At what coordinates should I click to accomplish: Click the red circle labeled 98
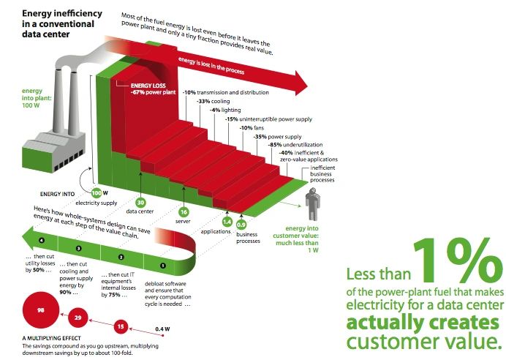point(41,310)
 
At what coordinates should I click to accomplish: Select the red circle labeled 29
point(78,318)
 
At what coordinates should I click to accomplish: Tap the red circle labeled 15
point(121,327)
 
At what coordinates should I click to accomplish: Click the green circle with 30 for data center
point(140,203)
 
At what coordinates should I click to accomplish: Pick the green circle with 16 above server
point(184,212)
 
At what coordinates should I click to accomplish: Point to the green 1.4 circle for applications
point(227,222)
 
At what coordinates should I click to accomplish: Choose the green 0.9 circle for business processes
point(241,225)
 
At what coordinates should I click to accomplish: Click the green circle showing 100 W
point(97,193)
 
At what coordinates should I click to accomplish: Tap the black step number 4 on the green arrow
point(41,240)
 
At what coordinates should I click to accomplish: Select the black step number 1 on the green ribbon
point(163,266)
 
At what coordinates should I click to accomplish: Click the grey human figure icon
point(312,203)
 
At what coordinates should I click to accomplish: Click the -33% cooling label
point(213,101)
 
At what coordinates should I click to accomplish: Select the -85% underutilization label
point(295,145)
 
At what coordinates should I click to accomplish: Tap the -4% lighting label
point(225,110)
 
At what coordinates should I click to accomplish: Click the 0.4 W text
point(162,329)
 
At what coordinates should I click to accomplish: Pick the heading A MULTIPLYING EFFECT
point(52,338)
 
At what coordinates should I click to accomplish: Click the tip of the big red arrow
point(308,86)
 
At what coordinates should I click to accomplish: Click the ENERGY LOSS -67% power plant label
point(153,89)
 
